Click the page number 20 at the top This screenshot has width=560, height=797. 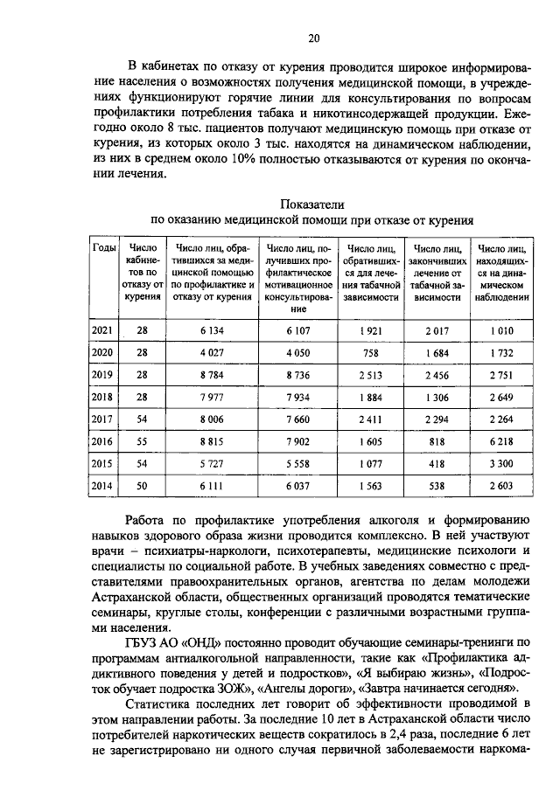(x=314, y=38)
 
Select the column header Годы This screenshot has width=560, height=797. (x=104, y=248)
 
